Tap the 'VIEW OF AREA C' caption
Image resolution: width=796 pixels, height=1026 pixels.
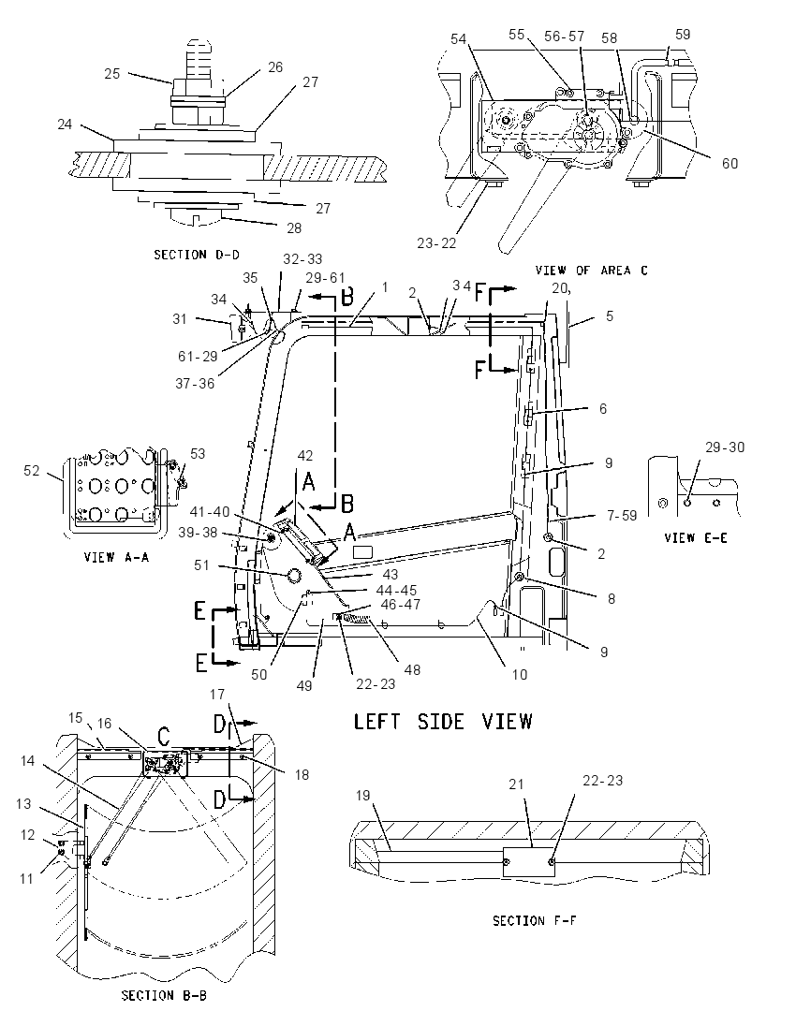click(x=591, y=271)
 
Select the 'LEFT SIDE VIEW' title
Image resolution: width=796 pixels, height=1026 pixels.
click(x=443, y=722)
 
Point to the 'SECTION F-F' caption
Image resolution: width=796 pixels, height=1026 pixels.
click(x=534, y=920)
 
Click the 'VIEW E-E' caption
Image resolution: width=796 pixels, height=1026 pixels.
click(x=695, y=538)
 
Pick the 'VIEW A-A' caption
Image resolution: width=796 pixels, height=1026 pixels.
click(x=116, y=558)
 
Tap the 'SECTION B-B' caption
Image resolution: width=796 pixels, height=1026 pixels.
click(x=164, y=995)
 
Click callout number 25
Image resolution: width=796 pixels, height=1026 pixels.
click(x=112, y=73)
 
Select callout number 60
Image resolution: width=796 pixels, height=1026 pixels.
click(x=730, y=163)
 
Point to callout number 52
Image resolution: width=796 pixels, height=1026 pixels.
click(x=32, y=471)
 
